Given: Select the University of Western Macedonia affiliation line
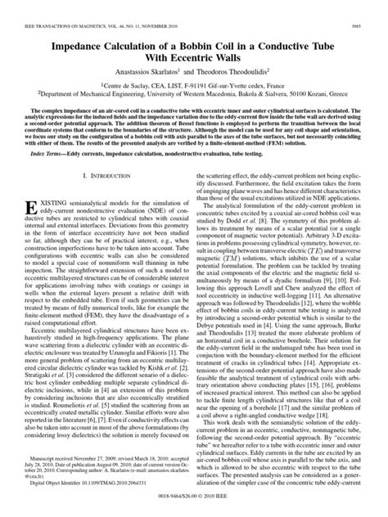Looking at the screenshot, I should click(193, 73).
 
